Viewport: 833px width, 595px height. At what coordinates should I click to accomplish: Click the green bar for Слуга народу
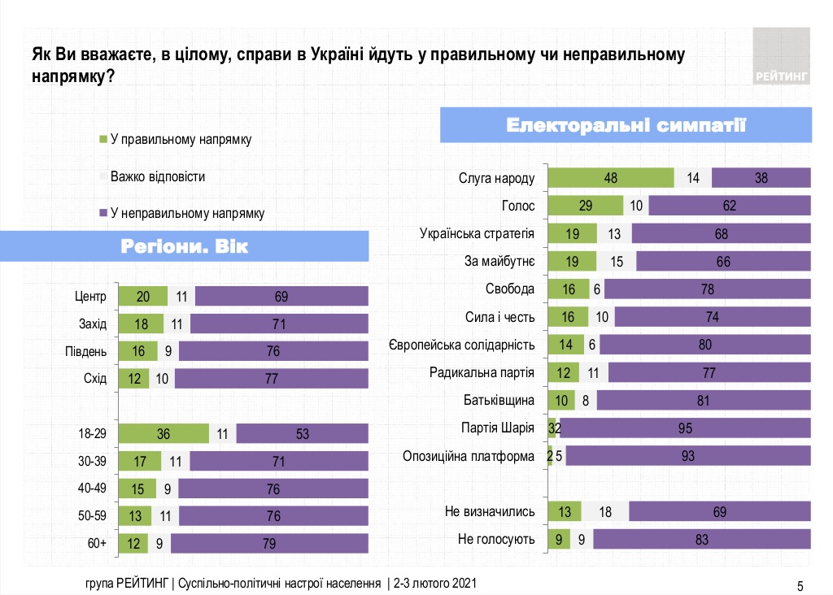(610, 178)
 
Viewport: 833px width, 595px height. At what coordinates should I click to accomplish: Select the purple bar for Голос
(730, 206)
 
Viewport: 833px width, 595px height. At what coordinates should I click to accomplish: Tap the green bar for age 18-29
(164, 434)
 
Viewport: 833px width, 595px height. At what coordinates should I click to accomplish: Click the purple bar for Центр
(281, 297)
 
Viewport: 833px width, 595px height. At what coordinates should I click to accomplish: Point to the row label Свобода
(512, 289)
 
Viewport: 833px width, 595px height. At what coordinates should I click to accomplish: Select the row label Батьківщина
(499, 400)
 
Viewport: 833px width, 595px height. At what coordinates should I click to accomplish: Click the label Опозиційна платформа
(469, 456)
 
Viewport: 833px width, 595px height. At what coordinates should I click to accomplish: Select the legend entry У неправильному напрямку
(186, 213)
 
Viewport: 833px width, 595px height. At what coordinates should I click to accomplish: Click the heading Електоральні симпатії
(626, 125)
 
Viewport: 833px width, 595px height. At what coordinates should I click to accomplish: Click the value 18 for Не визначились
(604, 511)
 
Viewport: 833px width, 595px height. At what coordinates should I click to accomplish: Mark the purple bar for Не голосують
(702, 539)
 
